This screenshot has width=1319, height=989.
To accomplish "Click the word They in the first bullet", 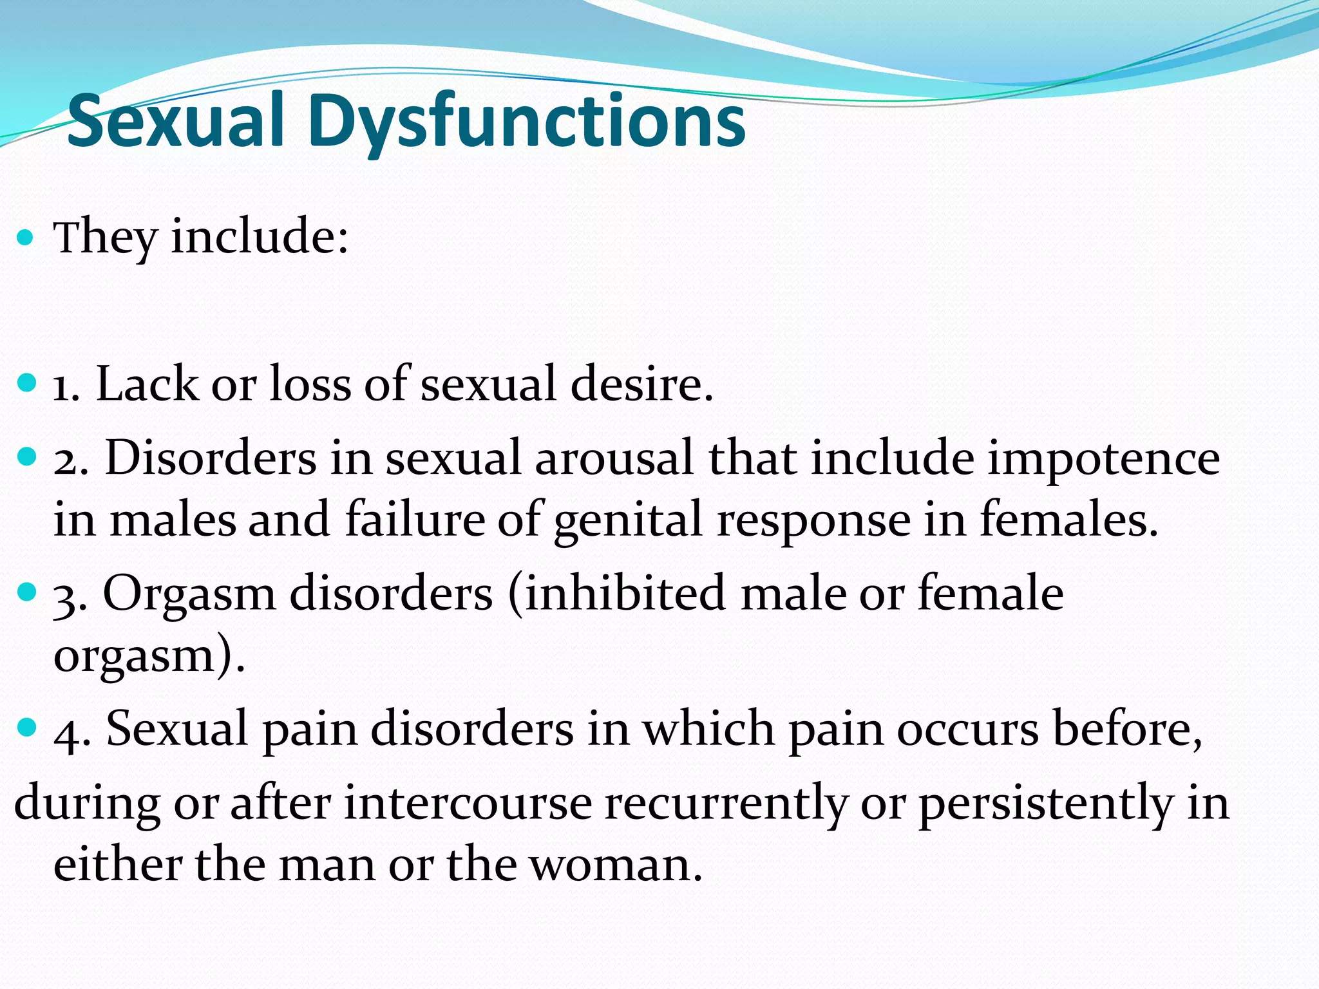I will (106, 238).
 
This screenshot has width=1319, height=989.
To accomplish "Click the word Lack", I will (147, 384).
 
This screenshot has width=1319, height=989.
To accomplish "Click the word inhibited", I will (623, 593).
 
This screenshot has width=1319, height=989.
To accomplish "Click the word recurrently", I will (725, 805).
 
